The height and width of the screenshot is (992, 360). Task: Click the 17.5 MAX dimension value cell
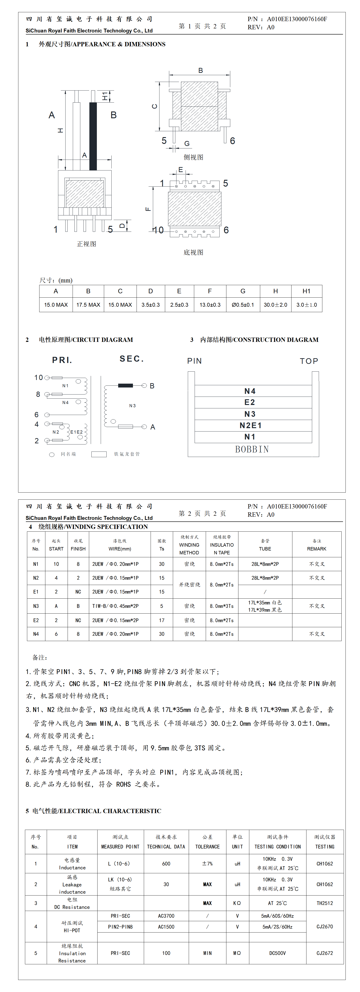point(88,305)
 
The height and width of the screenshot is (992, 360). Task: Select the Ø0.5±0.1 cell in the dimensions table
point(242,305)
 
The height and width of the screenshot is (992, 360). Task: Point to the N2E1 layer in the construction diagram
point(251,425)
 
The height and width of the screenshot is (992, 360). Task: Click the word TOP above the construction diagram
point(309,361)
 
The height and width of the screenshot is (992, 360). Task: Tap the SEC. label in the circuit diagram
point(132,359)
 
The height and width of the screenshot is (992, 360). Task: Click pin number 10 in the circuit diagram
point(39,377)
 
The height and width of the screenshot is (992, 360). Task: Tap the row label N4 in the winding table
point(36,634)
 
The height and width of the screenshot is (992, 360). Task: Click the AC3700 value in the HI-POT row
point(166,916)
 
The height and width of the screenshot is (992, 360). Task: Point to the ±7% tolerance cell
point(207,864)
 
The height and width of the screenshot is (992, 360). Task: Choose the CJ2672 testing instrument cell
point(325,953)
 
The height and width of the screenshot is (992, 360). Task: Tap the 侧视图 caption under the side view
point(193,157)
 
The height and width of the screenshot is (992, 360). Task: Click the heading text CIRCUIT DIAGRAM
point(102,340)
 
